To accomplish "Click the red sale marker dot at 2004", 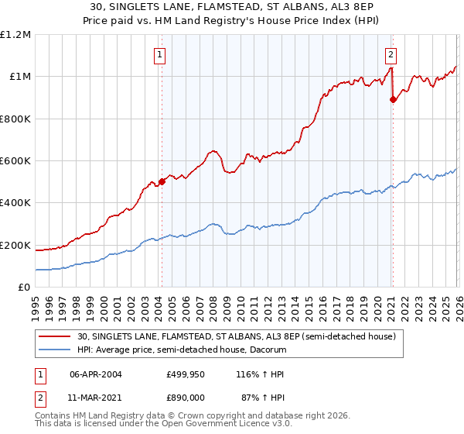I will click(162, 181).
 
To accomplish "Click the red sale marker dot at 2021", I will click(393, 99).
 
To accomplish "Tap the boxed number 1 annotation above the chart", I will click(159, 54).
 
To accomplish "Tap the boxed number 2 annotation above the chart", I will click(391, 54).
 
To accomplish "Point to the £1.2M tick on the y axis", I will click(15, 35).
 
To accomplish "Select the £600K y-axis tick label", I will click(15, 161).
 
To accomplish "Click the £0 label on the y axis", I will click(23, 288).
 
